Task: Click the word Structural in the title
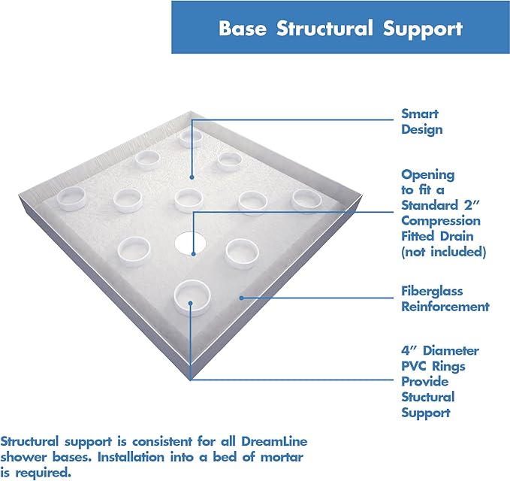(x=324, y=29)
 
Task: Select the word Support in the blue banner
(x=422, y=29)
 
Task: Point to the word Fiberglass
(x=432, y=291)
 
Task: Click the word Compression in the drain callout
(x=441, y=220)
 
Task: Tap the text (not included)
(x=443, y=252)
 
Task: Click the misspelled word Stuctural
(x=427, y=397)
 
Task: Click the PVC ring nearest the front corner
(x=191, y=295)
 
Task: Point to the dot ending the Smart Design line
(x=192, y=177)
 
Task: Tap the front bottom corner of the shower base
(x=190, y=380)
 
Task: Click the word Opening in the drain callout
(x=427, y=174)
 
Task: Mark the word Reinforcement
(x=445, y=307)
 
